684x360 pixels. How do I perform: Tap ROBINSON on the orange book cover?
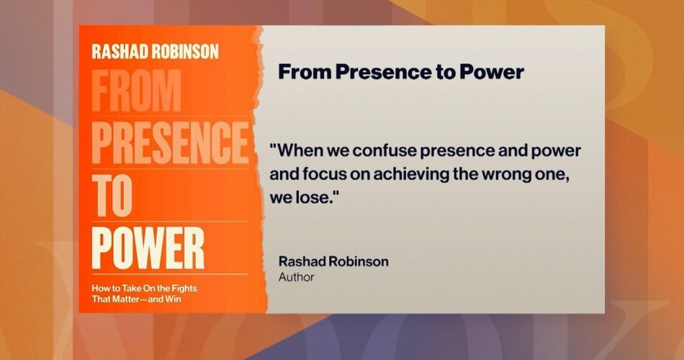pos(185,52)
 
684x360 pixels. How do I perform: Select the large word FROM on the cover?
pos(136,90)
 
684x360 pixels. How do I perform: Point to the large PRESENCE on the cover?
pos(170,143)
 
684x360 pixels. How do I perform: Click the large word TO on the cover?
pos(112,195)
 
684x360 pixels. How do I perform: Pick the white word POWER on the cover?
pos(148,248)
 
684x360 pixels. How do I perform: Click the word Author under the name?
pos(296,277)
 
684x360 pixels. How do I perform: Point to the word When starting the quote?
pos(297,151)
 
